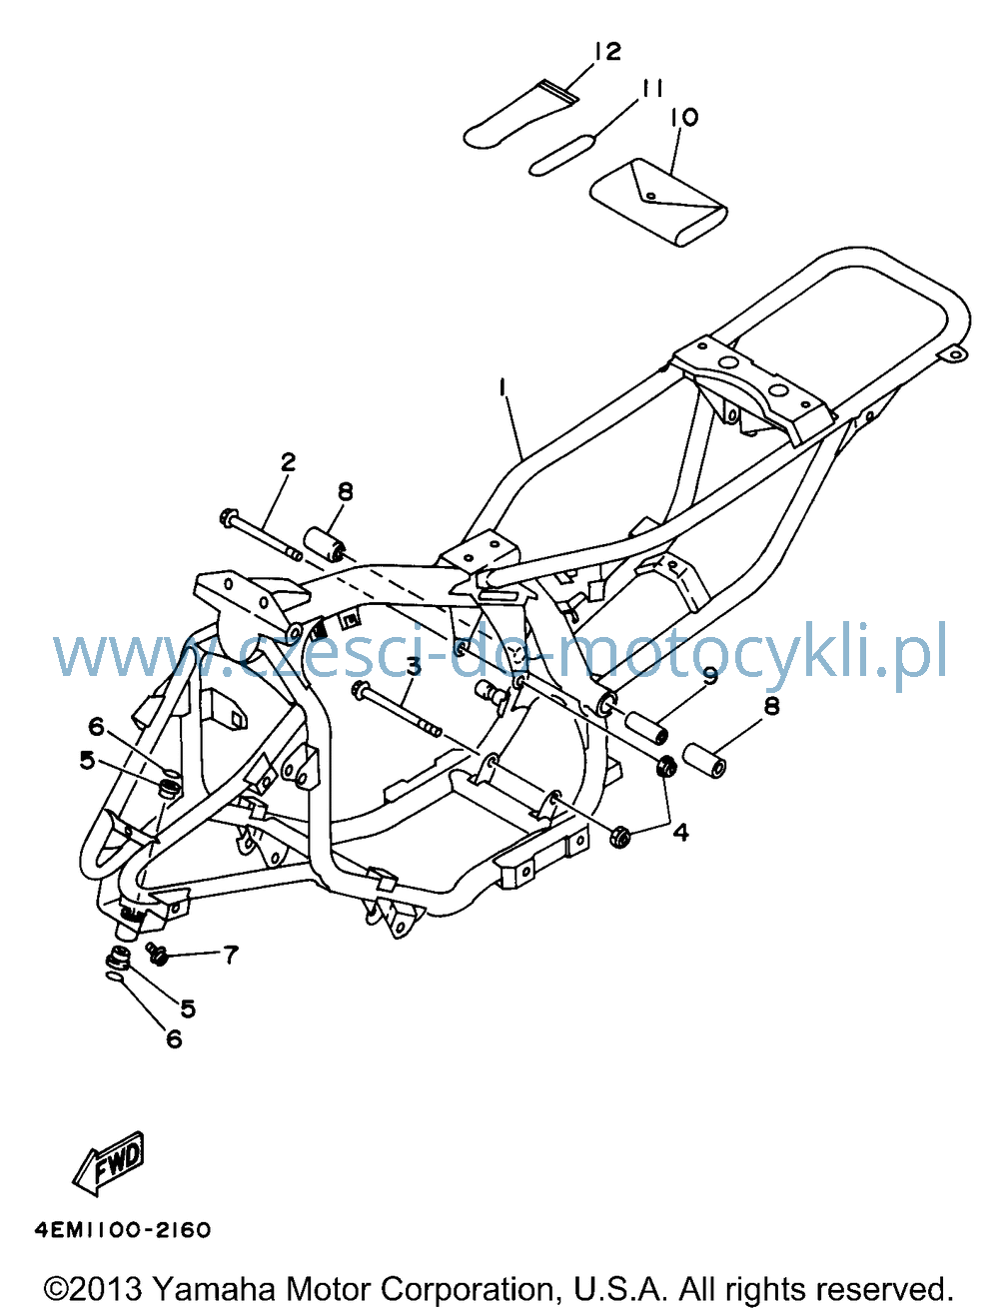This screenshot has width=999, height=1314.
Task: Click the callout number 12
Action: (608, 52)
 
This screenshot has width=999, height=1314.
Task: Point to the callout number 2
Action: (288, 461)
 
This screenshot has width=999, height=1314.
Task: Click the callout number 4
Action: (680, 832)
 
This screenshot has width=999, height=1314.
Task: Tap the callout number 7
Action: (231, 955)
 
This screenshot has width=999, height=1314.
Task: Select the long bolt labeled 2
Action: (262, 534)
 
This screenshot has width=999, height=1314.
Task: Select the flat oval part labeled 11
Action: (561, 155)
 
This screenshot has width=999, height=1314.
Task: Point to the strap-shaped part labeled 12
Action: (519, 114)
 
